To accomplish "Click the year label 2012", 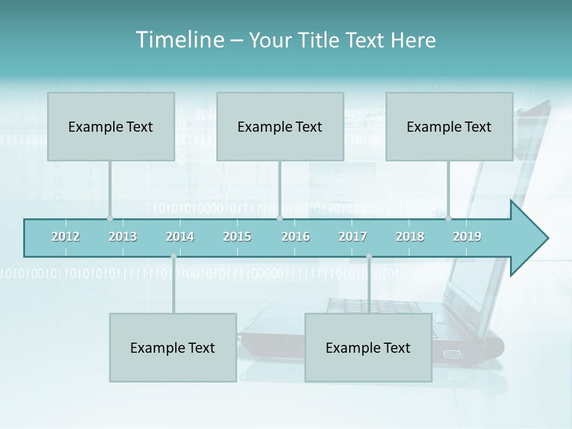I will pyautogui.click(x=66, y=237).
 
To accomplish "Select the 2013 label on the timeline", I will pyautogui.click(x=123, y=237).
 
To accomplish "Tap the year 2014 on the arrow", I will pyautogui.click(x=180, y=237).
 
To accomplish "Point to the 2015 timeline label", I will pyautogui.click(x=237, y=237).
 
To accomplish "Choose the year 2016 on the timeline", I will pyautogui.click(x=296, y=237).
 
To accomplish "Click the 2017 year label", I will pyautogui.click(x=353, y=237).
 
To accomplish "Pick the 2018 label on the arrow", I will pyautogui.click(x=410, y=237).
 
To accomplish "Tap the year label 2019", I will pyautogui.click(x=467, y=237).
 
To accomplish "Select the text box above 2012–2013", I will pyautogui.click(x=111, y=126).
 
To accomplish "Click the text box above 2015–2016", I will pyautogui.click(x=280, y=126).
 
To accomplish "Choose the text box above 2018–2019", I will pyautogui.click(x=449, y=126).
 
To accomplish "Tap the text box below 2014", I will pyautogui.click(x=173, y=347).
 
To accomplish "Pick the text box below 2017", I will pyautogui.click(x=368, y=347).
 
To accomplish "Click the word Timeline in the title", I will pyautogui.click(x=179, y=40).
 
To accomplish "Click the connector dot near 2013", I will pyautogui.click(x=110, y=218).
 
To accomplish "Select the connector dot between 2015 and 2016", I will pyautogui.click(x=279, y=218).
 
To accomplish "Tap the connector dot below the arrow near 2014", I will pyautogui.click(x=173, y=256).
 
